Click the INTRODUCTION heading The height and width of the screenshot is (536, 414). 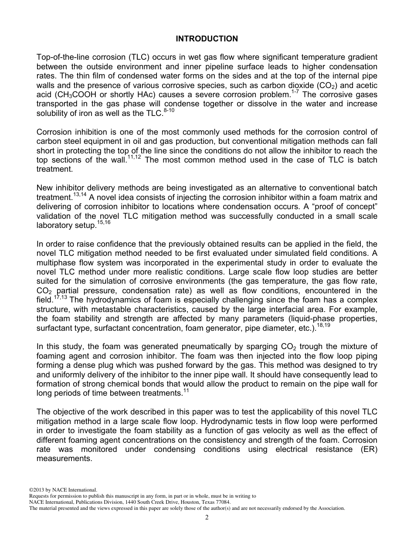207,39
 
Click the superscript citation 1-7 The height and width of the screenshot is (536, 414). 296,92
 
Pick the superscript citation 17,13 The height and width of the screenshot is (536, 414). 60,298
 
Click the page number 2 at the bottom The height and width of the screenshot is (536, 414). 207,518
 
